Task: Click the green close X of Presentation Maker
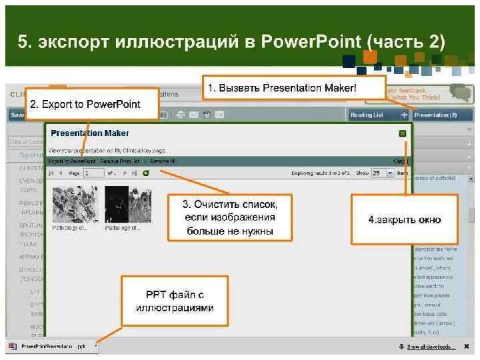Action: [403, 133]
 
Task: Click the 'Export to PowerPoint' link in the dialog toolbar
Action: [72, 161]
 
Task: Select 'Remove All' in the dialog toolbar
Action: [163, 161]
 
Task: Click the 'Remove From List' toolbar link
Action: [120, 161]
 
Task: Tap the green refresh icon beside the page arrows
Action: [145, 173]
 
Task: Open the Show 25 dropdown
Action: [380, 173]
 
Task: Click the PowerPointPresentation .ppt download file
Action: [50, 347]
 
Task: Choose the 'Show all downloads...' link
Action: [431, 347]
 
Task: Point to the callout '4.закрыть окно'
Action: [405, 219]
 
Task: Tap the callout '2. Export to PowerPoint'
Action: [84, 104]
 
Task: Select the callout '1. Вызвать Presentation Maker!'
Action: [293, 88]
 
